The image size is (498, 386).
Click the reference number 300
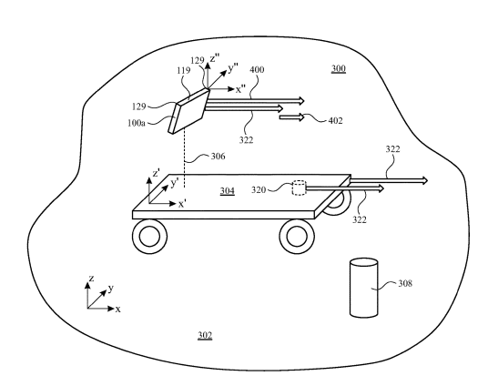pyautogui.click(x=339, y=68)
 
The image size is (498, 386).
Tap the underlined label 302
pyautogui.click(x=205, y=336)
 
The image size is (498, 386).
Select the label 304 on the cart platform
pyautogui.click(x=228, y=190)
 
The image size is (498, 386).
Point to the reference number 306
pyautogui.click(x=219, y=157)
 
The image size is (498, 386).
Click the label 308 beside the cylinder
pyautogui.click(x=405, y=283)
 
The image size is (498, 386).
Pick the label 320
pyautogui.click(x=259, y=190)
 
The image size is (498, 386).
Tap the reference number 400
pyautogui.click(x=257, y=69)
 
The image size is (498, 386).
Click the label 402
pyautogui.click(x=336, y=121)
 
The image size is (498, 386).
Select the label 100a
pyautogui.click(x=137, y=123)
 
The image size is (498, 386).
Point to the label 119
pyautogui.click(x=184, y=70)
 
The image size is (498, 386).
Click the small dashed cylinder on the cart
pyautogui.click(x=299, y=188)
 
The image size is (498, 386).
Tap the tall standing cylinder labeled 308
pyautogui.click(x=363, y=288)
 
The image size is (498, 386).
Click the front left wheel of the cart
pyautogui.click(x=149, y=236)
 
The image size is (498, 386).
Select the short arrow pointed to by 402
pyautogui.click(x=291, y=117)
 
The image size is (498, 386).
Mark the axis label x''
pyautogui.click(x=240, y=89)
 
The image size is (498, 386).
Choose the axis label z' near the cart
pyautogui.click(x=156, y=174)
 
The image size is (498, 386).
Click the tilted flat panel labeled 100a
pyautogui.click(x=188, y=111)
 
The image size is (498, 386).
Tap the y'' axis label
pyautogui.click(x=233, y=68)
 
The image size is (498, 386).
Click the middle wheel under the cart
pyautogui.click(x=298, y=236)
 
